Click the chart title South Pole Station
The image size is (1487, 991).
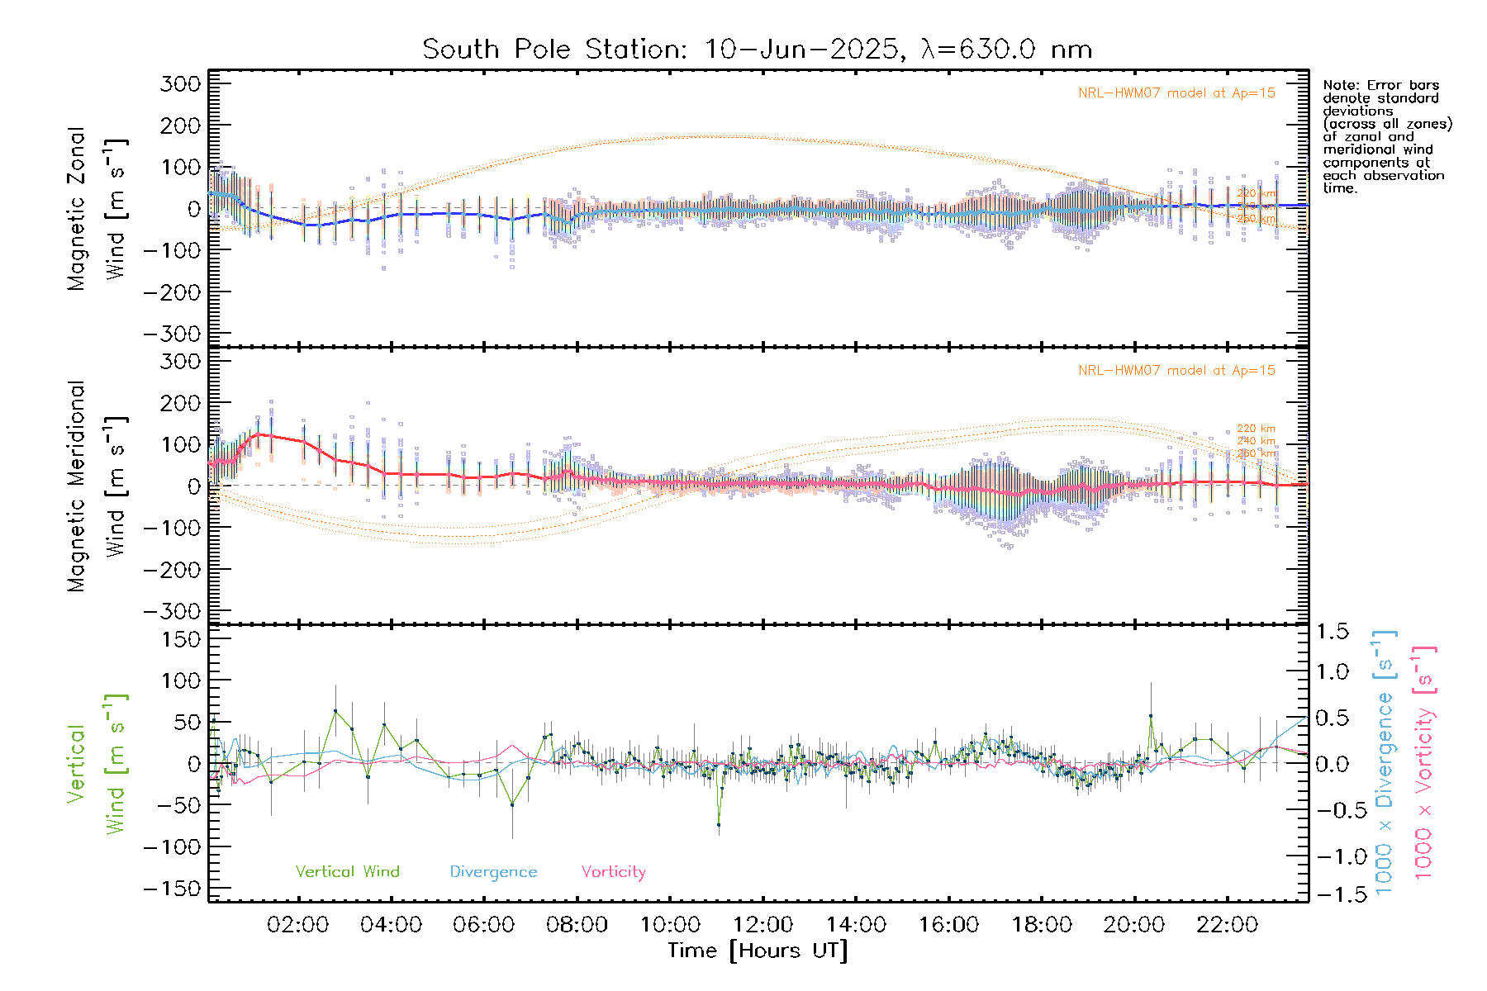(757, 50)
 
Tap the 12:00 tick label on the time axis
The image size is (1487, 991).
(763, 925)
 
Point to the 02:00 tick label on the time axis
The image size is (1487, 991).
(298, 925)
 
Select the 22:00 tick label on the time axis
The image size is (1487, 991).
(1228, 925)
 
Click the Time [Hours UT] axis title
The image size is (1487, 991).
(758, 951)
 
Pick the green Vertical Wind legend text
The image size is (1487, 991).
(347, 872)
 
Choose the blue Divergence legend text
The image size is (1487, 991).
(493, 872)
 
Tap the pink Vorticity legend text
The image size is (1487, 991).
(613, 872)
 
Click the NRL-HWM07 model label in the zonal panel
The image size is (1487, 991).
(1176, 93)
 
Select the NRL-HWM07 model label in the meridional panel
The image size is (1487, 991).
(1176, 371)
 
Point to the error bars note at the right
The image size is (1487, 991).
(1386, 136)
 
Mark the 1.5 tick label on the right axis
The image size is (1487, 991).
(1333, 632)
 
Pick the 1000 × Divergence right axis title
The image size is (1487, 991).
(1385, 761)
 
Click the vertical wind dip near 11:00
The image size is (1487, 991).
(719, 824)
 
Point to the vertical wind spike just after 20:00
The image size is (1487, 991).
(1151, 716)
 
